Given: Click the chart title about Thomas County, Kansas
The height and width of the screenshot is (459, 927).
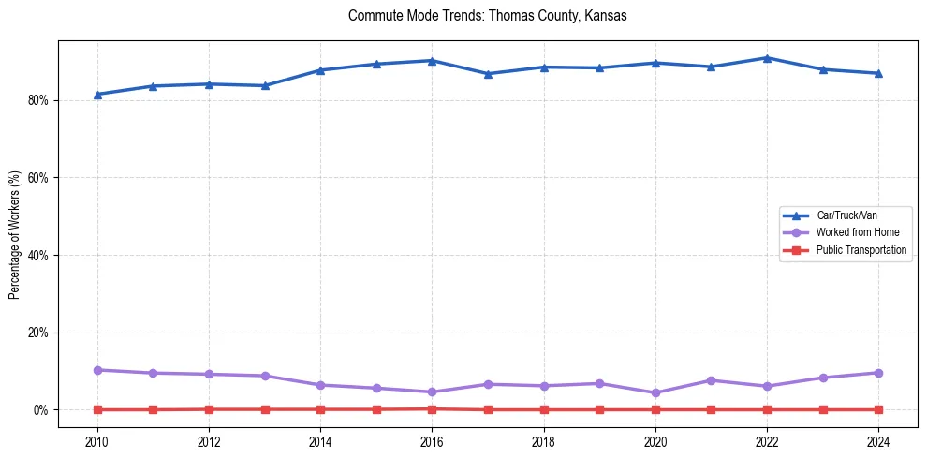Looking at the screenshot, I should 487,16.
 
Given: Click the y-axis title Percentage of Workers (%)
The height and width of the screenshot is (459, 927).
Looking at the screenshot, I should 14,234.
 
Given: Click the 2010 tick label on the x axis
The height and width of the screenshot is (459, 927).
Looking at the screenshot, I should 97,440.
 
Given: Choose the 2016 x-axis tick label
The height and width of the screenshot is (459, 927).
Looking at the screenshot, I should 432,440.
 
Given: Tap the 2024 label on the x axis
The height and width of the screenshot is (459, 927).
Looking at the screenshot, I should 878,440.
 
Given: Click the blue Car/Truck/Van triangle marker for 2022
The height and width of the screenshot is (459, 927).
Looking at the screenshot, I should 767,58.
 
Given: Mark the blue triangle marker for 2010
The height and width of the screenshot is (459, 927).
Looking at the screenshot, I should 97,95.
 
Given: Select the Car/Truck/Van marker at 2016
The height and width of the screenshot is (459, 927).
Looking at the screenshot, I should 432,61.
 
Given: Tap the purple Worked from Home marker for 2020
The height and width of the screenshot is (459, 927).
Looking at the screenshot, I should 655,393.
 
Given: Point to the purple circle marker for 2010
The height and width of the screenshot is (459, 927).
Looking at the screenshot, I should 97,370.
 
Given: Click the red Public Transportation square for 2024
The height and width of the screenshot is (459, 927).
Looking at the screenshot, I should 878,409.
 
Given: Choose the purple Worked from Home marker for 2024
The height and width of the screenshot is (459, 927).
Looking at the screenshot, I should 878,373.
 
